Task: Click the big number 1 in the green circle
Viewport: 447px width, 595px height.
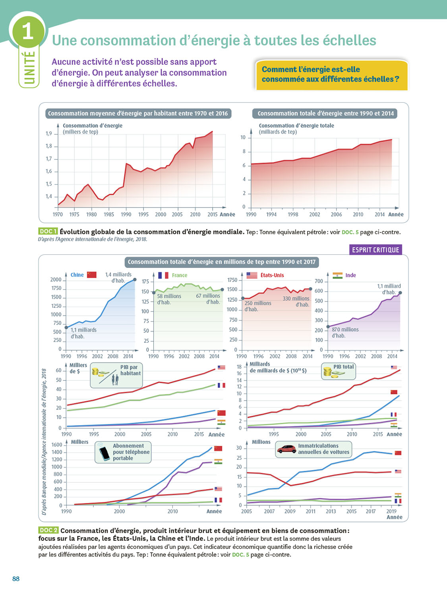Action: coord(27,31)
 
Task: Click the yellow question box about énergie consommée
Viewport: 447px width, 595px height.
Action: coord(332,75)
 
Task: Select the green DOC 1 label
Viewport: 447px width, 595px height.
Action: coord(48,231)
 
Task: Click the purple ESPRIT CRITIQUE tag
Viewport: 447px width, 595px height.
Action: coord(375,250)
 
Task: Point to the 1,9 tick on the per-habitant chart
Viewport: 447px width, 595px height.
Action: coord(48,134)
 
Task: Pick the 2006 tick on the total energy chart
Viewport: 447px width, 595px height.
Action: coord(336,214)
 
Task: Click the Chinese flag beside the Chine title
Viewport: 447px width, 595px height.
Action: coord(92,274)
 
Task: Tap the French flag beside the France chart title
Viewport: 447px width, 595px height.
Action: coord(163,275)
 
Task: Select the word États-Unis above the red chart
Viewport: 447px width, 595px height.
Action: coord(272,275)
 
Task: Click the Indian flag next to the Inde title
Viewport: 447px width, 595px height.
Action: coord(337,275)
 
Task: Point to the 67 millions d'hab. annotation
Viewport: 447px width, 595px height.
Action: coord(208,299)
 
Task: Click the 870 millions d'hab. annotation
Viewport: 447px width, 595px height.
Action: coord(345,332)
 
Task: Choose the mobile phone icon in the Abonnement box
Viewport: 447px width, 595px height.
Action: coord(104,453)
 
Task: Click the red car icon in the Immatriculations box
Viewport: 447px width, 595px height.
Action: coord(286,449)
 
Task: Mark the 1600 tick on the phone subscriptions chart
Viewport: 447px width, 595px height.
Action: coord(57,445)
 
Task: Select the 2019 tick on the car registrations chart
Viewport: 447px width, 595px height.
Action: coord(391,511)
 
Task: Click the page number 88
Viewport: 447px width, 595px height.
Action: coord(16,579)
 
